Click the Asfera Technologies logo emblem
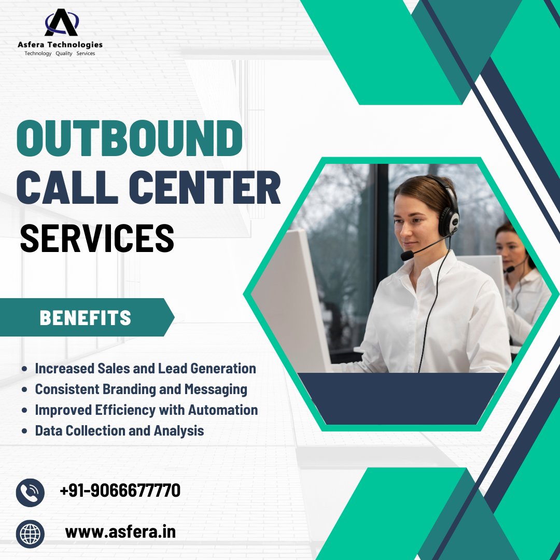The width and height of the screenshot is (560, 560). point(61,23)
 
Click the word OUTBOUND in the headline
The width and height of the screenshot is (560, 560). point(130,139)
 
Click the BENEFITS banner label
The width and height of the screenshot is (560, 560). point(85,318)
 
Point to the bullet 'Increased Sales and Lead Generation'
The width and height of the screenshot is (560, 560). point(145,369)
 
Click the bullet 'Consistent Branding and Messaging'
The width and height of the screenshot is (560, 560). point(141,389)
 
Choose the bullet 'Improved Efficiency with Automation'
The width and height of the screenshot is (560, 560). point(146,410)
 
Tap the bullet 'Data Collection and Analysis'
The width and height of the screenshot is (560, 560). point(119,430)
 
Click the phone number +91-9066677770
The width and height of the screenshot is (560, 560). point(120,490)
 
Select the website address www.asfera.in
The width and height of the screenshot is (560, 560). point(120,531)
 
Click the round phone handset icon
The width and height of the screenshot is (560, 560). point(30,492)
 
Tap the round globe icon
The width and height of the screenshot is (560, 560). point(30,533)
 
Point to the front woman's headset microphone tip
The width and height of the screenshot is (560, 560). point(407,256)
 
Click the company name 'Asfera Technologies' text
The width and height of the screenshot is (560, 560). point(60,45)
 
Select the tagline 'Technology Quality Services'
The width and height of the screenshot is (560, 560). point(60,54)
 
